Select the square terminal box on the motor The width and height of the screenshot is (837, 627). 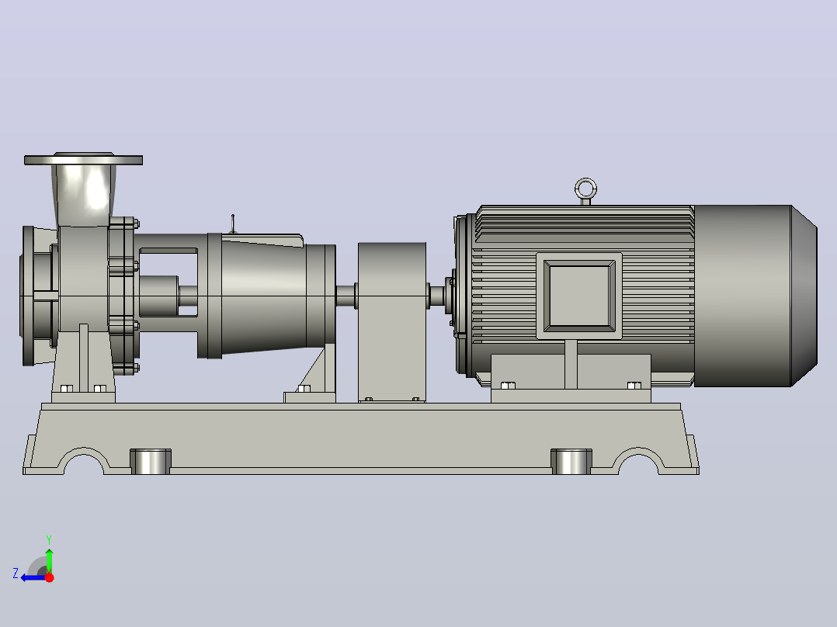click(x=579, y=296)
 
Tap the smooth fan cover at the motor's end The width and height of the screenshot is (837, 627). click(x=755, y=296)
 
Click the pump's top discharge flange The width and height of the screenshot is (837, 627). click(x=83, y=159)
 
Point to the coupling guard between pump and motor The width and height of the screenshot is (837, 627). click(x=392, y=322)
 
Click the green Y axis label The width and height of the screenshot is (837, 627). click(x=49, y=539)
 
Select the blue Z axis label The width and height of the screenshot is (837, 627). click(x=16, y=573)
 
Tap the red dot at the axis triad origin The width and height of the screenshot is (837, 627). click(x=49, y=577)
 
